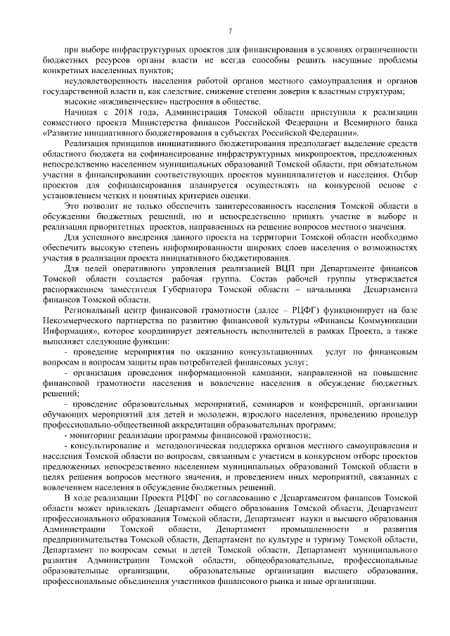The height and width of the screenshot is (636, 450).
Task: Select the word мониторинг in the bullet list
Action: click(x=94, y=436)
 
